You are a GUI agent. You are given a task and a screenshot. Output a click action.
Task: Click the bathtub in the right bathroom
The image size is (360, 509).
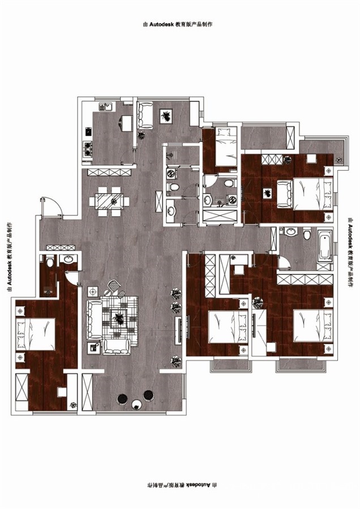(325, 245)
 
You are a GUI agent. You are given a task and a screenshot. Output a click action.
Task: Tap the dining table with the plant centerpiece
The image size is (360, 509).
(109, 201)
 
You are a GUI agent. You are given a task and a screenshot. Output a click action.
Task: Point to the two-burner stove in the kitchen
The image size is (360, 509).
(87, 149)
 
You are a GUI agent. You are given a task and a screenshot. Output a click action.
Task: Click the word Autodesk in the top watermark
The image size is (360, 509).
(161, 24)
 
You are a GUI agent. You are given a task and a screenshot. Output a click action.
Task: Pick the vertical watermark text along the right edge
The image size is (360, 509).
(350, 253)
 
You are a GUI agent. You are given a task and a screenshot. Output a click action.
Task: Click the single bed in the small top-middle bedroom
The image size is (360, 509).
(226, 146)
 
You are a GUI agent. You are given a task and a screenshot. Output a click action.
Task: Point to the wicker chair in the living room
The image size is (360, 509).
(114, 286)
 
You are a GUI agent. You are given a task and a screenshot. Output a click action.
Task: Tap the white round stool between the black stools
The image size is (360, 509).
(137, 404)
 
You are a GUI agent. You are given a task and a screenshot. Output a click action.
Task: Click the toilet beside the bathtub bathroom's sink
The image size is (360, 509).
(307, 234)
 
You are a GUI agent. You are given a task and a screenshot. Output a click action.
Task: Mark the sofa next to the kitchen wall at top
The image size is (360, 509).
(145, 115)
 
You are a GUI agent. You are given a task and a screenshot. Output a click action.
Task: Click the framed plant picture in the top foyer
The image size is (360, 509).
(166, 116)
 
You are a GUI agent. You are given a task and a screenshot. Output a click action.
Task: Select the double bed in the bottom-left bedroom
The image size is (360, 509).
(36, 334)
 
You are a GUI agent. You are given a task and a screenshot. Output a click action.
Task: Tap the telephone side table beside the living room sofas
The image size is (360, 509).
(93, 348)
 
